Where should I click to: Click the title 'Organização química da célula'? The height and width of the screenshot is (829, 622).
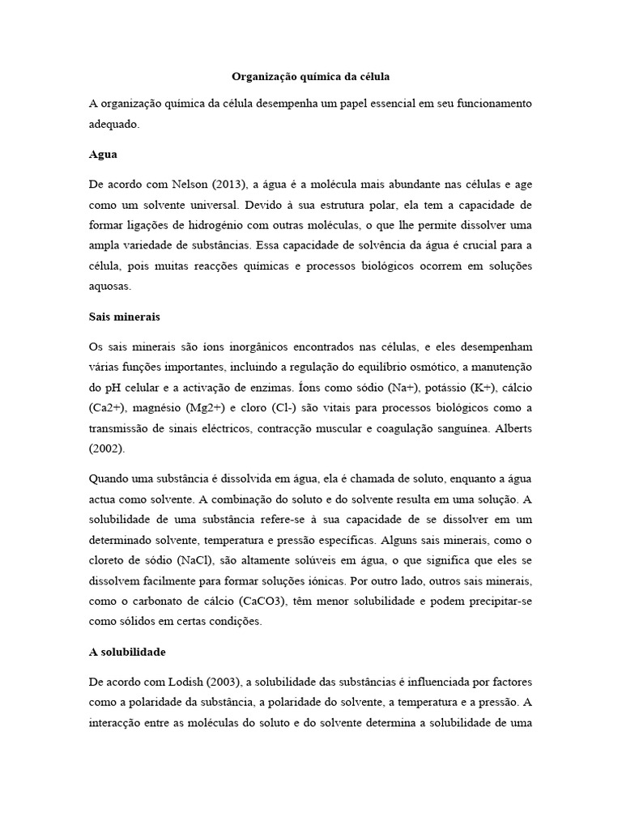tap(311, 78)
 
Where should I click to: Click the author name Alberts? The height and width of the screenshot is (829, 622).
tap(507, 428)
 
